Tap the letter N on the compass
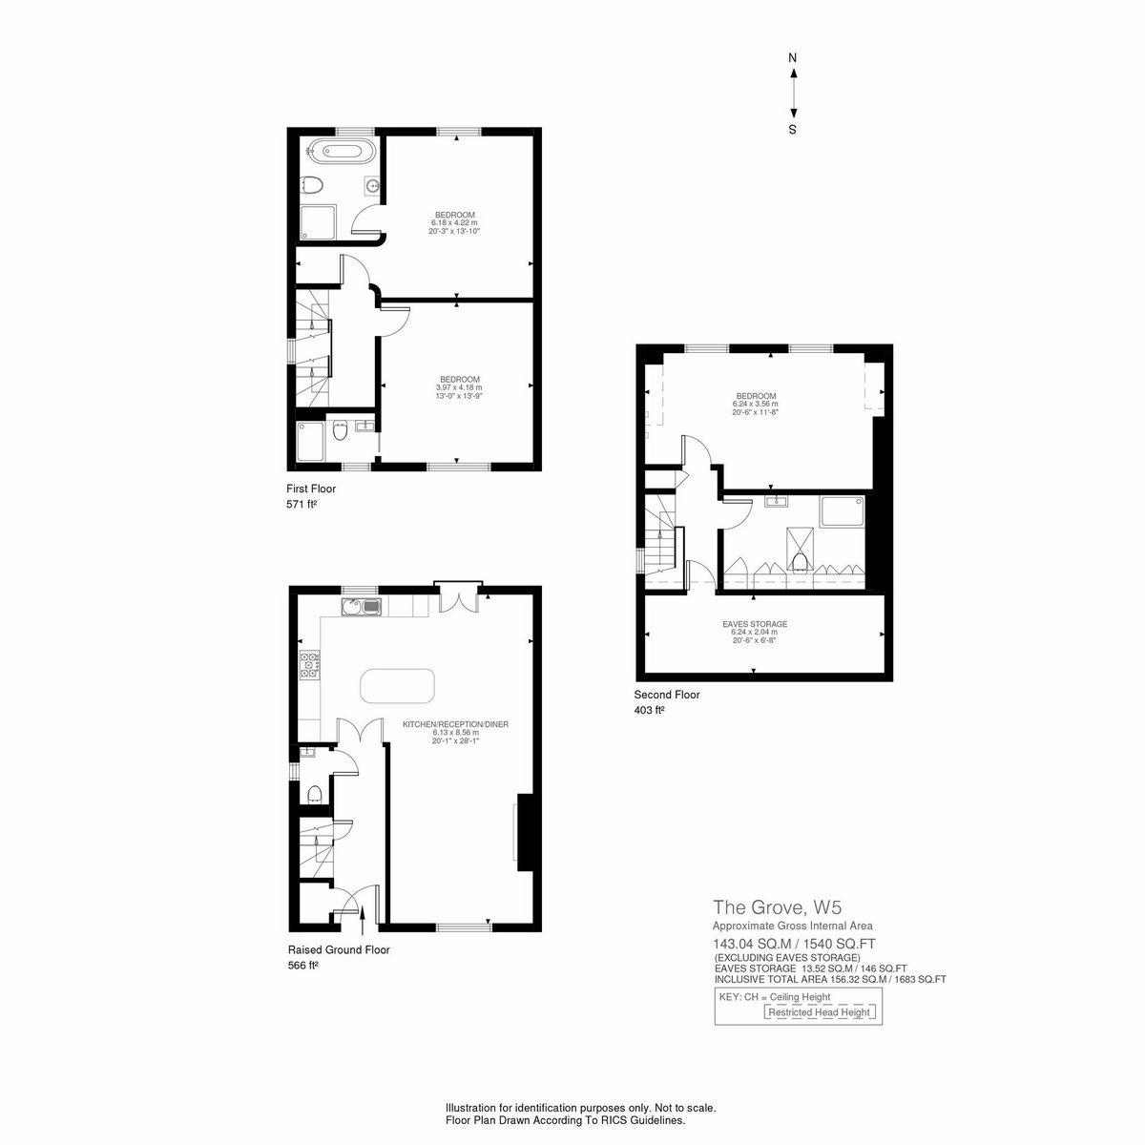792,58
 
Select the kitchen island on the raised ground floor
397,686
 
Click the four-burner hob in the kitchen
309,665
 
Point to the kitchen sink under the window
361,607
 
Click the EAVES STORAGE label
755,624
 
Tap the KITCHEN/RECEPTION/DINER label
456,725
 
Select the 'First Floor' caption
311,489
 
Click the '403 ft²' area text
649,710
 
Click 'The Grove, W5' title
778,907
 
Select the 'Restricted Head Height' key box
820,1012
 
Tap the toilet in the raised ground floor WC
315,793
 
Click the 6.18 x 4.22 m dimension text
454,223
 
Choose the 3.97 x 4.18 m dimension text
459,387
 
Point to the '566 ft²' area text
303,966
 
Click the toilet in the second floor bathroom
800,561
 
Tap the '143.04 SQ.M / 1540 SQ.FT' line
795,944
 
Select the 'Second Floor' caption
667,695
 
